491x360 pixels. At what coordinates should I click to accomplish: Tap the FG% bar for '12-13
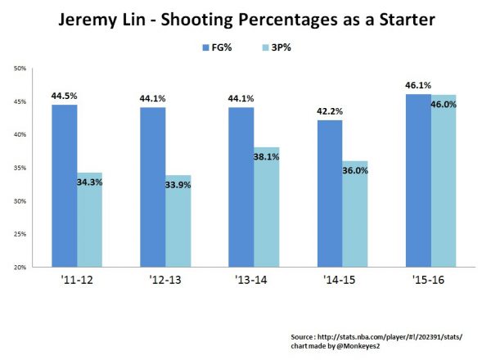[153, 187]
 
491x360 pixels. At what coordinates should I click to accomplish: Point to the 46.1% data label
[418, 85]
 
